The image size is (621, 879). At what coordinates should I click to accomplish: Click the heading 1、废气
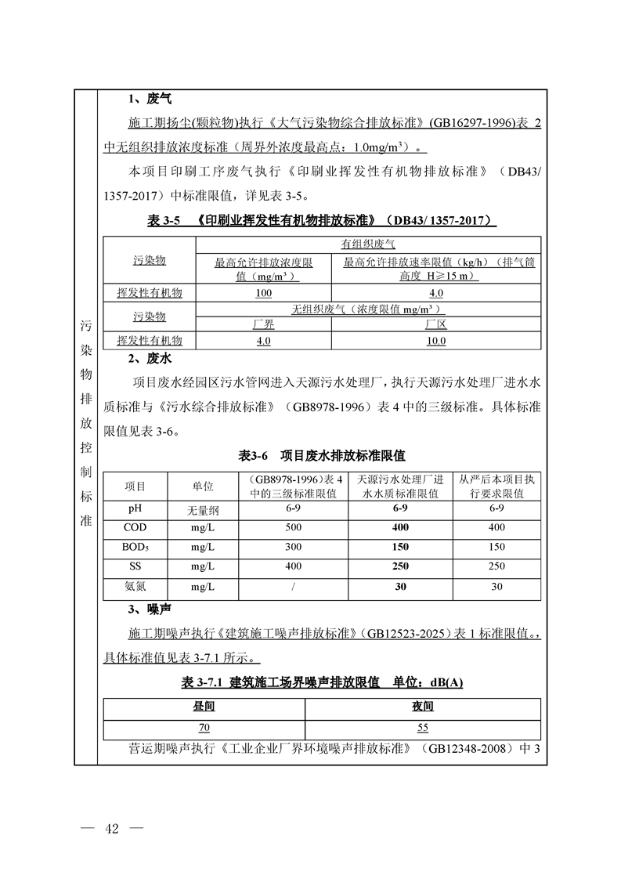149,99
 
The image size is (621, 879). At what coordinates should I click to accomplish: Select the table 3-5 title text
321,222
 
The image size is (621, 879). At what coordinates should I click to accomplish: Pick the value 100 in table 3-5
263,293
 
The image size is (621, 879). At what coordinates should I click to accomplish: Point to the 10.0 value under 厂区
435,341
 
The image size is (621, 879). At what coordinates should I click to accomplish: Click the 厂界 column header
263,325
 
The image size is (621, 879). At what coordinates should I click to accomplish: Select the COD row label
135,527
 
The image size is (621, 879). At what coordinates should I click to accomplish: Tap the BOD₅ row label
135,547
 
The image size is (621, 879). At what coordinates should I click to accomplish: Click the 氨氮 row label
135,585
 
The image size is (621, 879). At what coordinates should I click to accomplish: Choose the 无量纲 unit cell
203,509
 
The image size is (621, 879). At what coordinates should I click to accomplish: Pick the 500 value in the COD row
293,527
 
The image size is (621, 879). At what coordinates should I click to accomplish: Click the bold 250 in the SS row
400,566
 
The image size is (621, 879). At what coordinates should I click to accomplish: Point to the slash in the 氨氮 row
293,586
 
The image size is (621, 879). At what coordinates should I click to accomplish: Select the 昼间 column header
204,707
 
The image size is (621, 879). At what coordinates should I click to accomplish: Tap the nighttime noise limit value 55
423,728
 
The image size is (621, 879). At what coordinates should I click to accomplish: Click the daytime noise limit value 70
204,728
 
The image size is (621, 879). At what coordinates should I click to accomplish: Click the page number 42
110,830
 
